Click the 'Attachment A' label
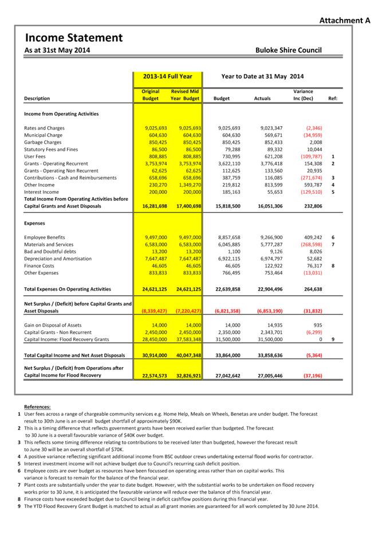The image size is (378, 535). [345, 21]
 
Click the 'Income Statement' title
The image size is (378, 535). [73, 38]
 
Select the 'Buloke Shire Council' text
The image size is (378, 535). [288, 50]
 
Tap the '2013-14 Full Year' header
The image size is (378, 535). [168, 76]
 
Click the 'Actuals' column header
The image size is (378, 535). [262, 99]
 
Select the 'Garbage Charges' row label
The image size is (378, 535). [42, 142]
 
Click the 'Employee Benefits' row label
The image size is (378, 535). [45, 237]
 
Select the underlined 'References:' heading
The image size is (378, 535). [37, 407]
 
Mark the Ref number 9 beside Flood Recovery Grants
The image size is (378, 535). [333, 339]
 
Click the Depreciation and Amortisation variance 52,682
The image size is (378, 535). [312, 259]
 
